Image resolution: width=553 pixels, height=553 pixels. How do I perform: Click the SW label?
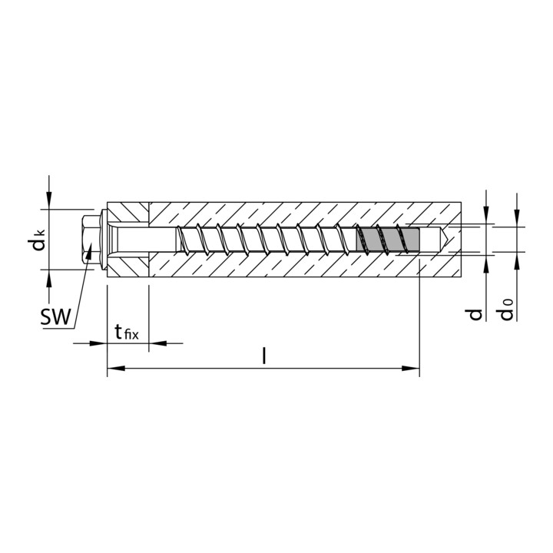click(56, 316)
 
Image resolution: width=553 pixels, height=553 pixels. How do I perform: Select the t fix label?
click(127, 333)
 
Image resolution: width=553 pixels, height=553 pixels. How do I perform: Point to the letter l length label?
click(263, 356)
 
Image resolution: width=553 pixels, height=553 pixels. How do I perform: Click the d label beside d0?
click(475, 314)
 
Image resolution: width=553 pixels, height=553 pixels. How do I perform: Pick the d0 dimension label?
click(506, 310)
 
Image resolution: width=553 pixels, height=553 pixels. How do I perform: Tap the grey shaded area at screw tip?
click(388, 240)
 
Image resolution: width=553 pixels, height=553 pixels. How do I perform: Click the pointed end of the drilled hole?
click(448, 240)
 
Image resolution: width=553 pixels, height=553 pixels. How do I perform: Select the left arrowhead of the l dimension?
click(116, 369)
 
